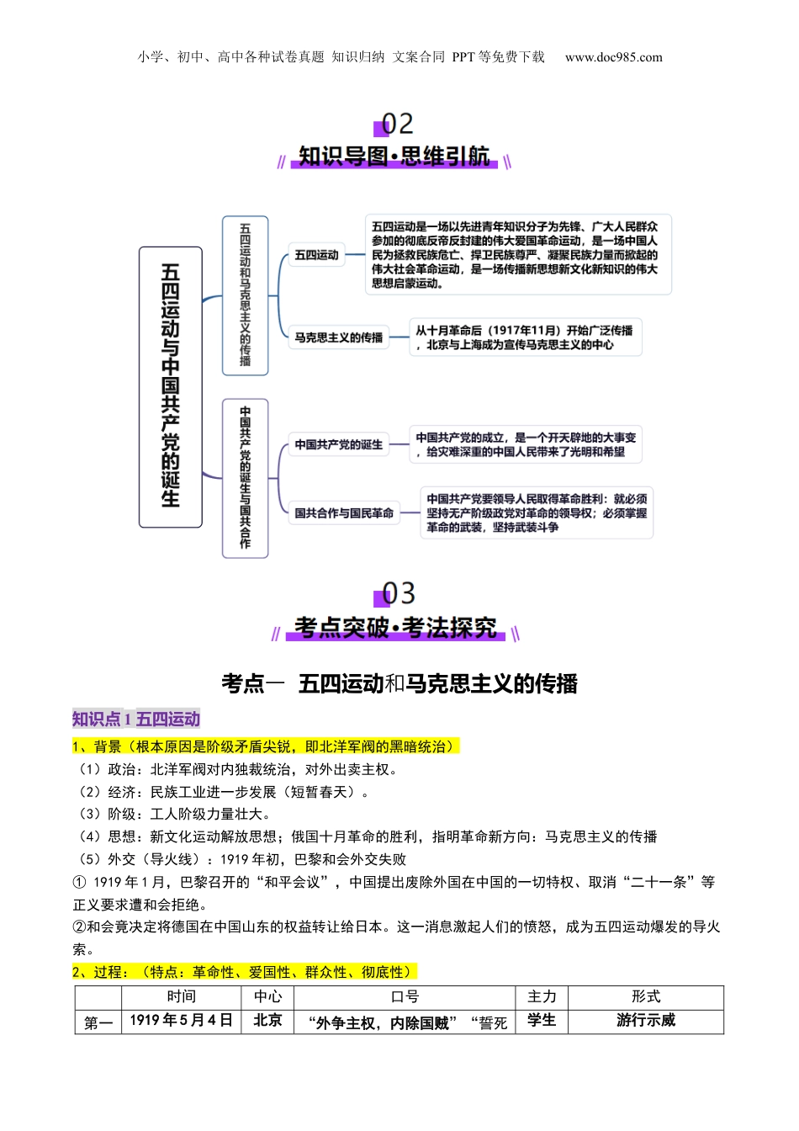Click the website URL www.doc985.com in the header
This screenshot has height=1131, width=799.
pos(613,57)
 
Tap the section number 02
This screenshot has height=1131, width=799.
pos(397,125)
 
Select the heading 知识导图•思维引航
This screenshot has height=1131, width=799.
pos(394,157)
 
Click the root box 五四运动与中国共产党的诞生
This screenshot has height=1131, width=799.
pos(171,386)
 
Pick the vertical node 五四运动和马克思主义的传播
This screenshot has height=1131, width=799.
pos(245,295)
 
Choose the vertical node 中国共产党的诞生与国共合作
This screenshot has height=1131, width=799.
pos(245,477)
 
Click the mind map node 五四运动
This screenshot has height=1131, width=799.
pos(316,255)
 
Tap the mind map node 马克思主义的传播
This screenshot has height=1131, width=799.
pos(338,337)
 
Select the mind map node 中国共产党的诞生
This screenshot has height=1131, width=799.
pos(338,444)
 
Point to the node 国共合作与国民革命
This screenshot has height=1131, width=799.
pos(343,512)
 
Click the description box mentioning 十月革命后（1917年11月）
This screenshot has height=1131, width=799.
pos(525,337)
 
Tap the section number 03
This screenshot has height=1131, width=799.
pos(398,594)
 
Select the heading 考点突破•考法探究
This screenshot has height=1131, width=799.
pos(395,628)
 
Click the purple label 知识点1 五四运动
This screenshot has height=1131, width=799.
pos(136,719)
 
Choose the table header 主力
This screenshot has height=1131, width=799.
pos(542,997)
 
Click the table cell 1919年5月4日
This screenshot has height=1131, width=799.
pos(181,1021)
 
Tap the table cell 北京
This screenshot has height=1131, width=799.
pos(267,1021)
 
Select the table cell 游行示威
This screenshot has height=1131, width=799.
pos(645,1021)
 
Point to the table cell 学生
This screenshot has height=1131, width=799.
pos(542,1021)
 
